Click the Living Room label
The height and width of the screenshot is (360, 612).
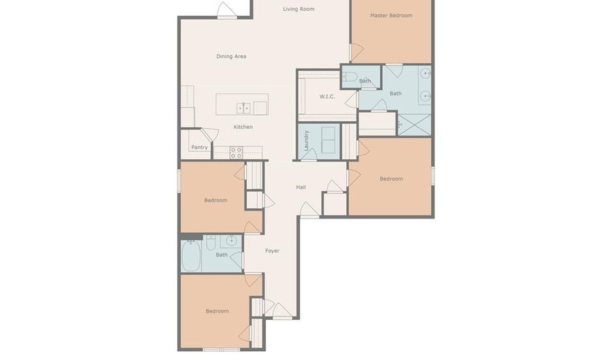click(x=299, y=9)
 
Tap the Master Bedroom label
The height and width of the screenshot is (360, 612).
click(x=391, y=15)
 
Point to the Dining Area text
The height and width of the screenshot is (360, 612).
click(x=231, y=56)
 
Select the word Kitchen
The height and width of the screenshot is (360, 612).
click(x=243, y=127)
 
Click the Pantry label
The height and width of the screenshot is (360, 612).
click(x=199, y=147)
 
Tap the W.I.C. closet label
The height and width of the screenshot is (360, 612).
click(x=327, y=97)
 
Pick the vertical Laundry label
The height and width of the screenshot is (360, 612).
click(x=307, y=140)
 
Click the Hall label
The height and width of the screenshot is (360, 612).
click(x=301, y=187)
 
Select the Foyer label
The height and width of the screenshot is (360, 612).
click(x=272, y=251)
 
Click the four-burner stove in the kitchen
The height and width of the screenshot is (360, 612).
click(x=237, y=152)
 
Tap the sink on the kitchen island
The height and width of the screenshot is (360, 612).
click(x=243, y=108)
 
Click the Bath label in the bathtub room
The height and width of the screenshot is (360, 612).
click(x=222, y=255)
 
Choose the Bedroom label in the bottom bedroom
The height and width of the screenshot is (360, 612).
click(x=217, y=311)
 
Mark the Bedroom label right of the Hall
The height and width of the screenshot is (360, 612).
click(x=391, y=179)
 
